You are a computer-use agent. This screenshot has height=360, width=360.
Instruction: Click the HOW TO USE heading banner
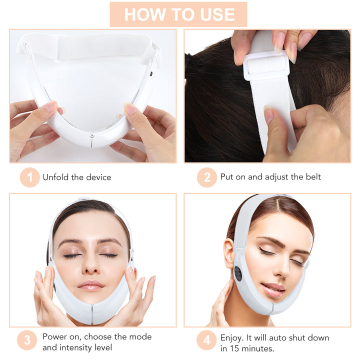click(178, 14)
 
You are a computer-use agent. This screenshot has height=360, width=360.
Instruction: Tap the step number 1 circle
click(29, 177)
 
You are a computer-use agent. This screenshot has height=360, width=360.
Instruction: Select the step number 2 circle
click(206, 177)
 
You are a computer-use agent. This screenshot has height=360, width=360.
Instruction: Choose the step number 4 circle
click(206, 342)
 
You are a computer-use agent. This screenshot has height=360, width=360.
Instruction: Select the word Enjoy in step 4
click(231, 337)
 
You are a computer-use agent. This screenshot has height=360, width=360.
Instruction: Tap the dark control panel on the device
click(238, 273)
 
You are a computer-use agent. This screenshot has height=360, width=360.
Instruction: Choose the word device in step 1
click(98, 177)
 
